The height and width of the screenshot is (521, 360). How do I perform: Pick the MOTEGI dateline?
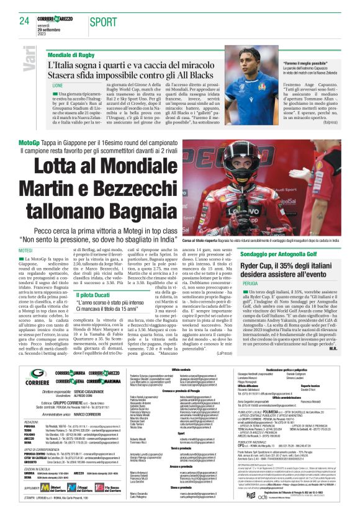coord(43,251)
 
